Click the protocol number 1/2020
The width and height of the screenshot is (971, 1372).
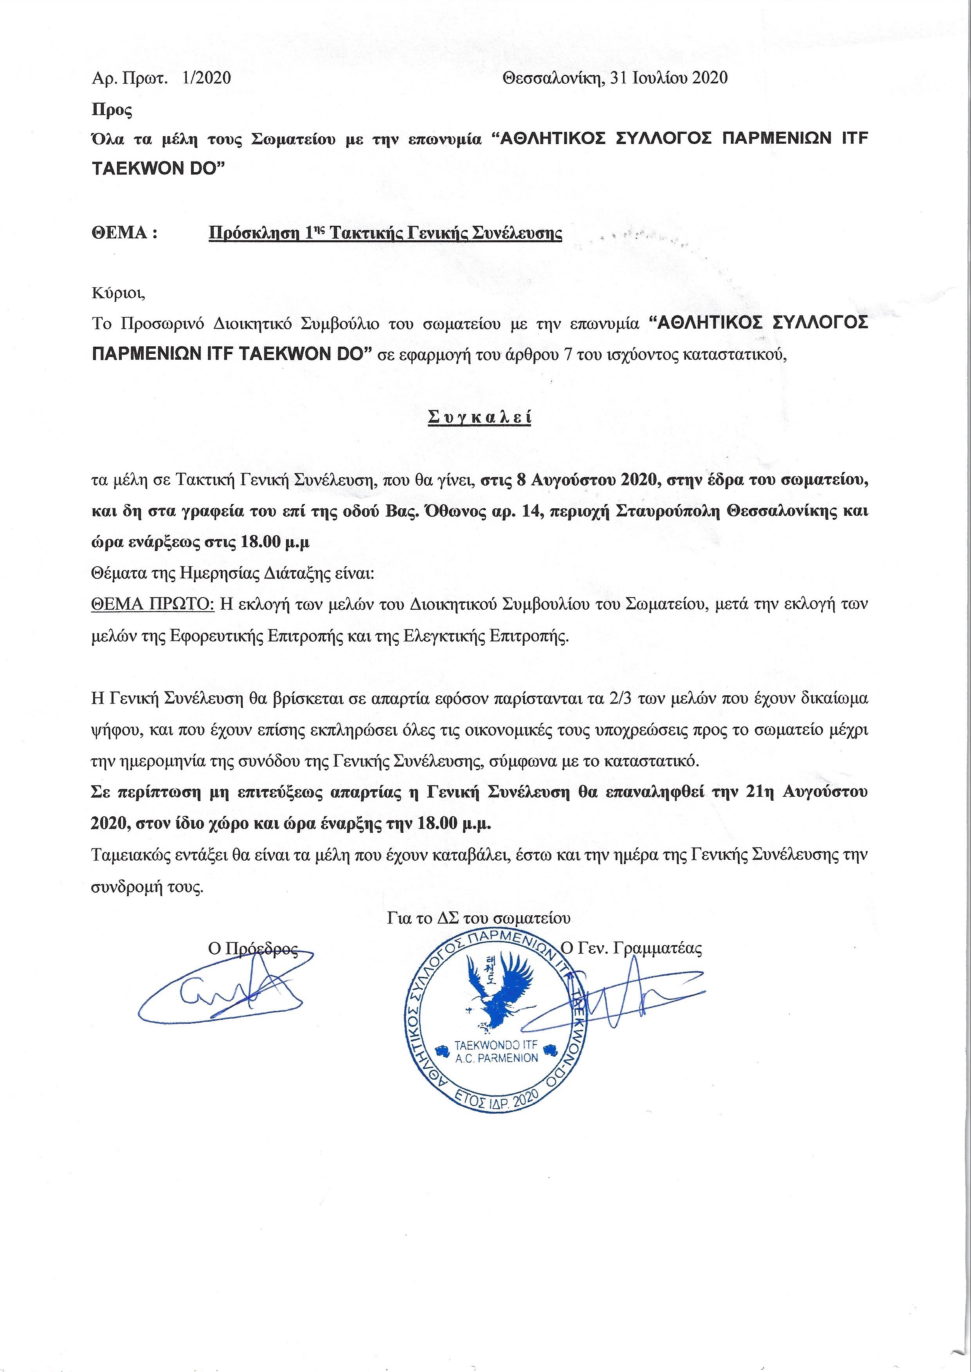tap(207, 78)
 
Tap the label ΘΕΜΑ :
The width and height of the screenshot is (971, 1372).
tap(124, 232)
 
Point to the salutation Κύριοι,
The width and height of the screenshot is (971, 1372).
tap(118, 293)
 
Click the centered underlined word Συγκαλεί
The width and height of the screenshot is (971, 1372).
tap(479, 417)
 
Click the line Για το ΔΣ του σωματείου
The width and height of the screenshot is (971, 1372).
tap(478, 918)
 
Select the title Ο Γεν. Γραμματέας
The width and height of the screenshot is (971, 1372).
tap(632, 949)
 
